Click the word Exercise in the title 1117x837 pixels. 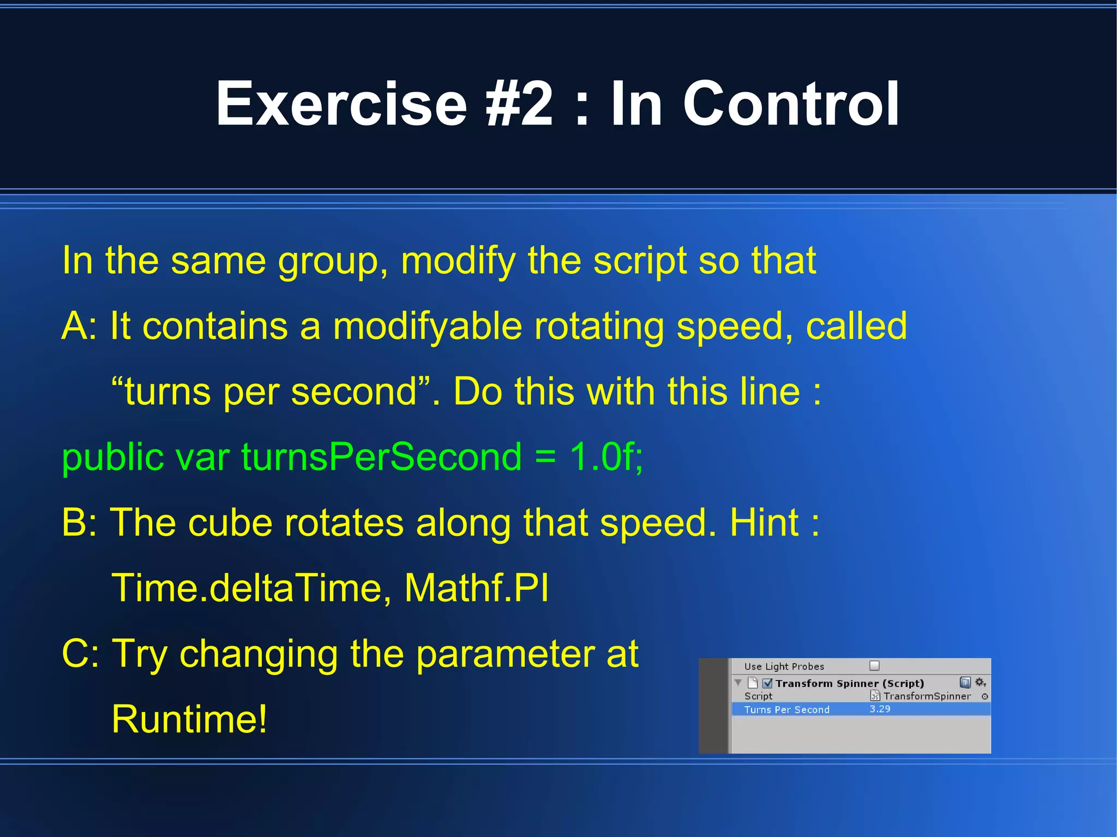(x=341, y=104)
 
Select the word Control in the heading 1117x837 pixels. (x=791, y=104)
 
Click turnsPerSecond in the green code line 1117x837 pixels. (x=381, y=457)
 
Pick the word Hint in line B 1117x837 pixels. (x=764, y=523)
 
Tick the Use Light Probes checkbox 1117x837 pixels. (x=874, y=665)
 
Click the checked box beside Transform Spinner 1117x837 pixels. (x=767, y=683)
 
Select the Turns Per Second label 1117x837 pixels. (x=786, y=709)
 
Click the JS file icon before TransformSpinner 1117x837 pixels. (x=875, y=696)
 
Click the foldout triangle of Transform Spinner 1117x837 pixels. (x=738, y=683)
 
